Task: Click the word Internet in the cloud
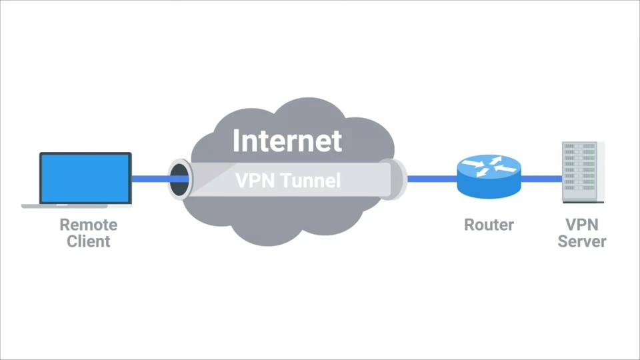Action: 287,141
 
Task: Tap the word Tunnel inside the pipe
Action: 310,180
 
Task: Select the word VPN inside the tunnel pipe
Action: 255,180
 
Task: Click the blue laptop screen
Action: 85,178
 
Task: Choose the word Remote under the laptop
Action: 88,225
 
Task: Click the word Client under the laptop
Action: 88,241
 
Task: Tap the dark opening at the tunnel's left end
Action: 179,179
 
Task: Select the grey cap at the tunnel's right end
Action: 399,179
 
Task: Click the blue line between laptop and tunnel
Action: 149,179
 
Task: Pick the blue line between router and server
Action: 541,179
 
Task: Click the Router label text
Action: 489,225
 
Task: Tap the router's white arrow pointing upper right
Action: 495,161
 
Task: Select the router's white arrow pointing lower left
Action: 482,172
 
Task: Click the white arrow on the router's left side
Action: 473,163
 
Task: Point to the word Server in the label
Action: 581,241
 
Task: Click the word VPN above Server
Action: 581,225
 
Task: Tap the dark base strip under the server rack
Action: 583,201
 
